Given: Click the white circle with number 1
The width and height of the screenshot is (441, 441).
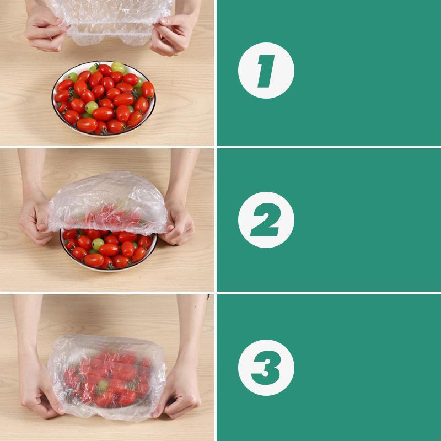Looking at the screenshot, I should [x=266, y=70].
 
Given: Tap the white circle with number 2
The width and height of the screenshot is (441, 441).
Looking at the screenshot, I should [x=266, y=219].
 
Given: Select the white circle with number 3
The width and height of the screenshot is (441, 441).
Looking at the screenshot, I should [x=266, y=367].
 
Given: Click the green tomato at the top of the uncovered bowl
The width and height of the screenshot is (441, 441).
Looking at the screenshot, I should [x=117, y=67].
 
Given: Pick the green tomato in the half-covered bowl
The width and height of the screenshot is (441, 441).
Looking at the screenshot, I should [x=98, y=244].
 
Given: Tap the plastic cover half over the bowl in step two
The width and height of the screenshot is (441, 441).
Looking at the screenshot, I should [x=107, y=202].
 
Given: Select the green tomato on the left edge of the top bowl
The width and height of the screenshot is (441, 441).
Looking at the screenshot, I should [x=72, y=77].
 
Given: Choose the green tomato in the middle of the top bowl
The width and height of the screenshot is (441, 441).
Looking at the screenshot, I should [x=91, y=107].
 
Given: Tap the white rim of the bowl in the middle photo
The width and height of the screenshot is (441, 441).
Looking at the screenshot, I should [x=108, y=268].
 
